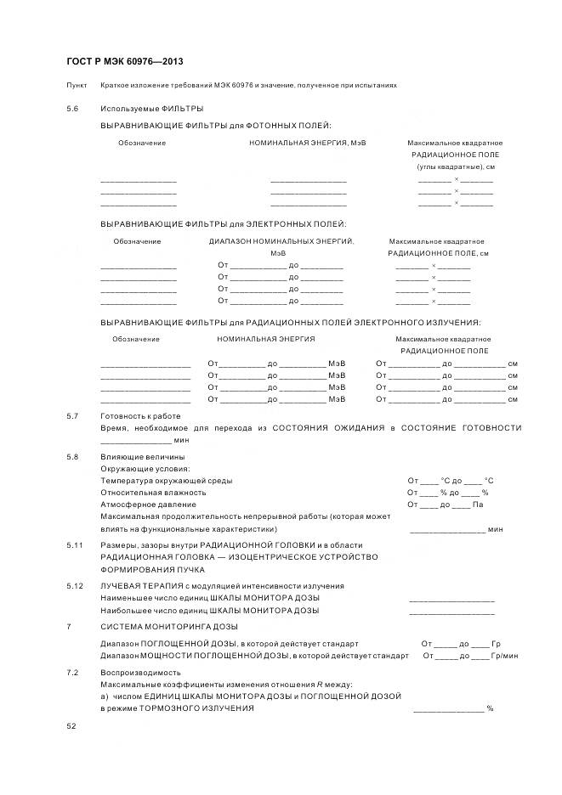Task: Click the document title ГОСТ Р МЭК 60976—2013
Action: pos(124,62)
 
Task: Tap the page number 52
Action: pos(71,726)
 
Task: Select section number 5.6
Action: pos(72,109)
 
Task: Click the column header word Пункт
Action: pos(76,86)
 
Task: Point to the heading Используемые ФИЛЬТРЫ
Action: pos(151,109)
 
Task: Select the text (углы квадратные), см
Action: pos(455,166)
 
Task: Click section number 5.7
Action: pos(72,416)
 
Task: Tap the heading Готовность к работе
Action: pos(140,416)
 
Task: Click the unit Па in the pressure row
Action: pos(478,505)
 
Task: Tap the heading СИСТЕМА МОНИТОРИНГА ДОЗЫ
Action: pos(157,626)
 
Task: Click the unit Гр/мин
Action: pos(506,656)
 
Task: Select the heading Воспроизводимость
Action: pos(140,672)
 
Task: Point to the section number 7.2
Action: pos(72,672)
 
